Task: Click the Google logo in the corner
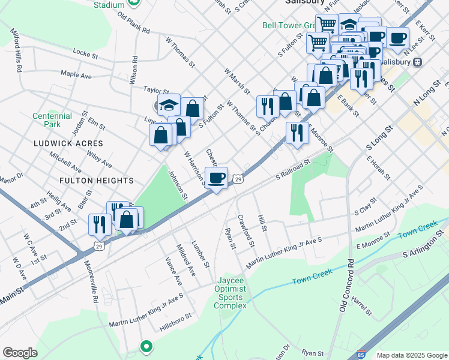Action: click(20, 353)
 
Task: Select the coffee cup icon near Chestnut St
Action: click(217, 178)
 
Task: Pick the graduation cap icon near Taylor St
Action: click(169, 104)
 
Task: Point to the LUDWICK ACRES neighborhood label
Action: click(68, 144)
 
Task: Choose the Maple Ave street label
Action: click(76, 75)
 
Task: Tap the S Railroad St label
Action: click(292, 169)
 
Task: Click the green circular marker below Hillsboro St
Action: click(145, 346)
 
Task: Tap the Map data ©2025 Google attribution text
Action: click(411, 355)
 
